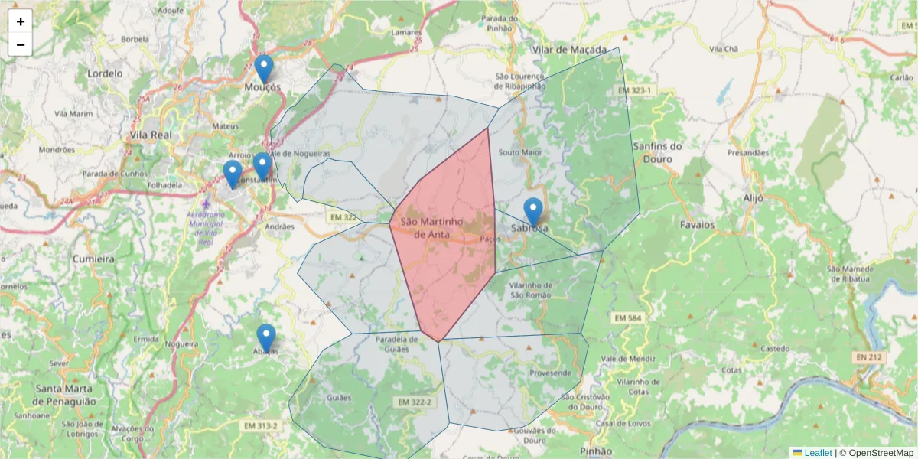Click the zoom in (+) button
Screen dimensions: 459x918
(x=21, y=21)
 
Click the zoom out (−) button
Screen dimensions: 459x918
(x=21, y=44)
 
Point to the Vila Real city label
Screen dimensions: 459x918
(x=151, y=135)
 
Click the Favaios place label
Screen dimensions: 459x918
(x=697, y=225)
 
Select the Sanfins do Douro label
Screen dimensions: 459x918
(x=658, y=152)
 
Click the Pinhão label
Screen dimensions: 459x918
(x=597, y=451)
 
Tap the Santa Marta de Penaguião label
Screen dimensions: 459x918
(x=65, y=395)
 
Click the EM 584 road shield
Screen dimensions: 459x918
(x=628, y=317)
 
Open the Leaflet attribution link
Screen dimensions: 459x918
(x=818, y=453)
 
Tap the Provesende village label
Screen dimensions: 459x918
(x=550, y=373)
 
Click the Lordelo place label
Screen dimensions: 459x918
(x=105, y=73)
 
